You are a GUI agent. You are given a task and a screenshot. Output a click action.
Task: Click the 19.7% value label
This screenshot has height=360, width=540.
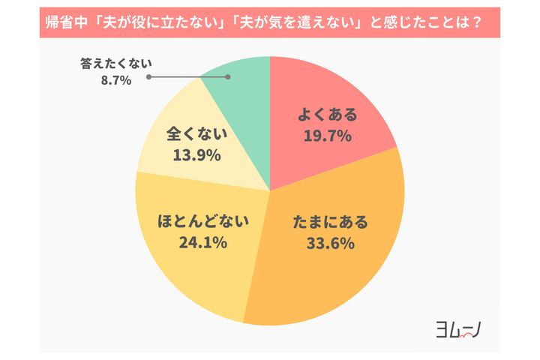[327, 136]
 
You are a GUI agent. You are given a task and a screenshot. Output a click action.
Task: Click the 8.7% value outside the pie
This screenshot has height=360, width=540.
[115, 80]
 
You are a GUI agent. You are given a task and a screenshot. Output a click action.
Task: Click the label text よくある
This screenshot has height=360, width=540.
[327, 115]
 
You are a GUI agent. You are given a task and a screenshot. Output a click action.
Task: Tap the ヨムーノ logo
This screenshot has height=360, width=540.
[459, 329]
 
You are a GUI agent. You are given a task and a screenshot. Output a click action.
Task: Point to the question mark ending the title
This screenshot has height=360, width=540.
[475, 24]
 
